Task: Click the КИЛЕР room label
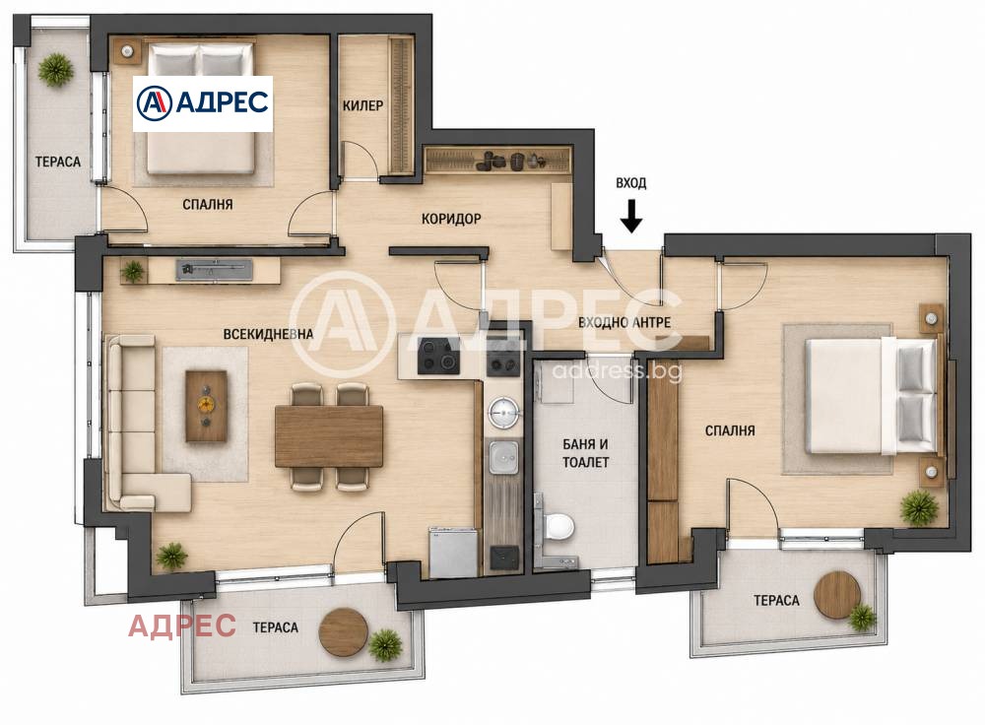click(362, 105)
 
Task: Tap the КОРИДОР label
click(451, 219)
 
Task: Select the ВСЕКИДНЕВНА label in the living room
click(268, 334)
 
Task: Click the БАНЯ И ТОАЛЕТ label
click(585, 453)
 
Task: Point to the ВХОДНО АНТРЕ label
click(624, 322)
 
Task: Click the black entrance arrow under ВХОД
click(631, 216)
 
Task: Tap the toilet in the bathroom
click(556, 525)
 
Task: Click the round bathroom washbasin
click(503, 413)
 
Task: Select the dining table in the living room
click(329, 436)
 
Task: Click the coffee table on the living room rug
click(206, 406)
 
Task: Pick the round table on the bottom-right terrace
click(836, 594)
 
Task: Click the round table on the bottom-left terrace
click(343, 632)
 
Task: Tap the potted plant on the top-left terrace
click(56, 70)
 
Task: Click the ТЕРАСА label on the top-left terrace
click(58, 163)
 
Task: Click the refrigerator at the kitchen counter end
click(453, 552)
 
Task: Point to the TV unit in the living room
click(214, 270)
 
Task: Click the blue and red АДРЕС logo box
click(203, 103)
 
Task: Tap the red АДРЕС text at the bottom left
click(182, 626)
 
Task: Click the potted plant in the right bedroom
click(919, 507)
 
